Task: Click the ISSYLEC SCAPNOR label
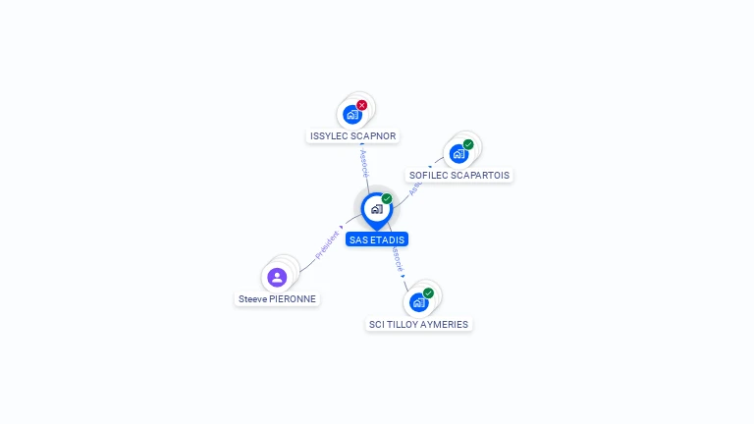tap(353, 136)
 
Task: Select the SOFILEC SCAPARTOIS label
tap(459, 176)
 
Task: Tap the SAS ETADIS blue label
tap(377, 239)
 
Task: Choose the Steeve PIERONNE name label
tap(279, 299)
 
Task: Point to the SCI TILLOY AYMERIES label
tap(418, 324)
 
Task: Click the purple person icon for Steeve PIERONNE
tap(277, 278)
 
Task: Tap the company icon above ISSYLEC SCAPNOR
tap(352, 115)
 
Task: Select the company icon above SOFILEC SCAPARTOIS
tap(458, 154)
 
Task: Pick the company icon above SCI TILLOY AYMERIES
tap(418, 302)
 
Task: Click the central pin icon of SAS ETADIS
tap(376, 209)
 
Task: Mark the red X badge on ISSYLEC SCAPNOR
tap(362, 105)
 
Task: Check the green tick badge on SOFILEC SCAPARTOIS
tap(468, 144)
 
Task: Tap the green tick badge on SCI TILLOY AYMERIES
tap(428, 292)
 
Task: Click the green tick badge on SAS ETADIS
tap(387, 198)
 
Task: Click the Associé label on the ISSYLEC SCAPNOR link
tap(365, 162)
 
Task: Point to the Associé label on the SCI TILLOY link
tap(398, 260)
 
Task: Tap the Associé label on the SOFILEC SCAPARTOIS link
tap(415, 186)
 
